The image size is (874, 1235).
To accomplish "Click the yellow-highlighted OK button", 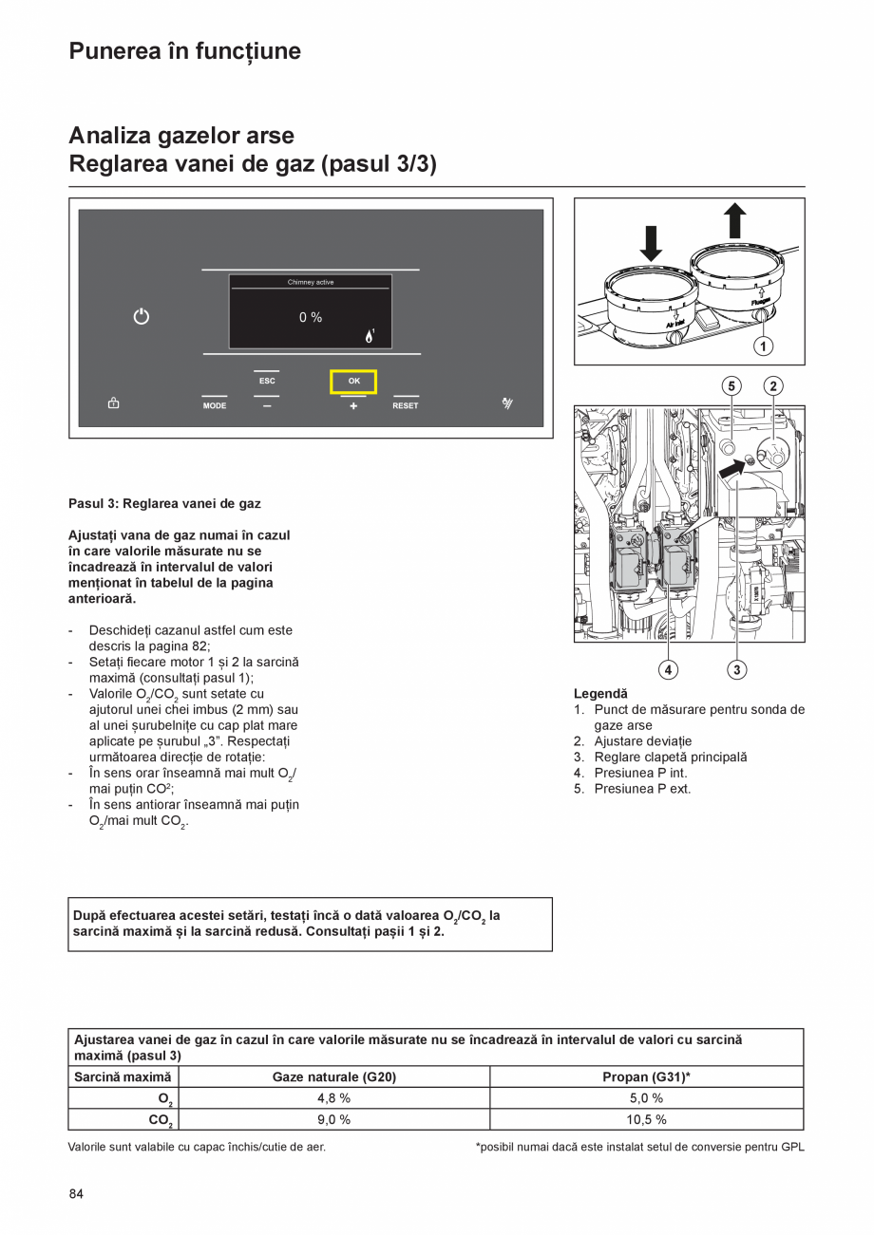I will coord(353,382).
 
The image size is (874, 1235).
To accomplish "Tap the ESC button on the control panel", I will coord(267,382).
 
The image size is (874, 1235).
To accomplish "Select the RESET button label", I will coord(406,405).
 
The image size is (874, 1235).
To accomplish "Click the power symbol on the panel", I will coord(141,317).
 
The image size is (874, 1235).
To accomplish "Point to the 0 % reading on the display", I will coord(311,317).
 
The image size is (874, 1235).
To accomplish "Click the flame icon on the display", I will coord(370,335).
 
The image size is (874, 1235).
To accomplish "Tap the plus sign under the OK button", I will coord(353,405).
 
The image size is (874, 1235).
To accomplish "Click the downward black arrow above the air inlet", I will coord(651,242).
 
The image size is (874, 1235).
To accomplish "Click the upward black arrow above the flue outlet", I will coord(735,221).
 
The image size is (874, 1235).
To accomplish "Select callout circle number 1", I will coord(764,346).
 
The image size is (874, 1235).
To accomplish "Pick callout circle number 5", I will coord(731,385).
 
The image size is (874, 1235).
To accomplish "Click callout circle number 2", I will coord(774,385).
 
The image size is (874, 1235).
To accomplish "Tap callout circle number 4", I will coord(669,669).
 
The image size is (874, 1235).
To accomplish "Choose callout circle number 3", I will coord(737,669).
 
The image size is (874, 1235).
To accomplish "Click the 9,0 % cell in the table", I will coord(333,1119).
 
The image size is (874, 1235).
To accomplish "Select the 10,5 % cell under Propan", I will coord(646,1119).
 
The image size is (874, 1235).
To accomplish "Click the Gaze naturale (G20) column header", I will coord(333,1077).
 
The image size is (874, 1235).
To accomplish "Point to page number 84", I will coord(76,1193).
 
